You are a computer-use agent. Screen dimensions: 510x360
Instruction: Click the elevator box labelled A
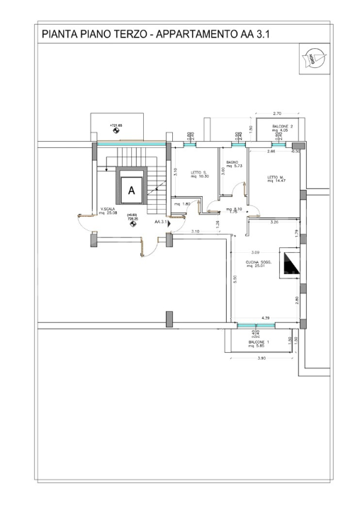tap(131, 190)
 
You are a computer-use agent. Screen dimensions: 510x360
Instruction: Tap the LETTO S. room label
tap(198, 174)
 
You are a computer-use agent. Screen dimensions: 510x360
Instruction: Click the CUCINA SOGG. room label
tap(259, 264)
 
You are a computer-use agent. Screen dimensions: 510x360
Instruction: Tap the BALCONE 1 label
tap(259, 344)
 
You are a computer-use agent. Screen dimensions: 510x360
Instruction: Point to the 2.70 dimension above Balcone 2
tap(278, 113)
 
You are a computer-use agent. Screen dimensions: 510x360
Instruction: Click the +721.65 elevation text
tap(116, 125)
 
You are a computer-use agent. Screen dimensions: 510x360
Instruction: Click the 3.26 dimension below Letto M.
tap(275, 222)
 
